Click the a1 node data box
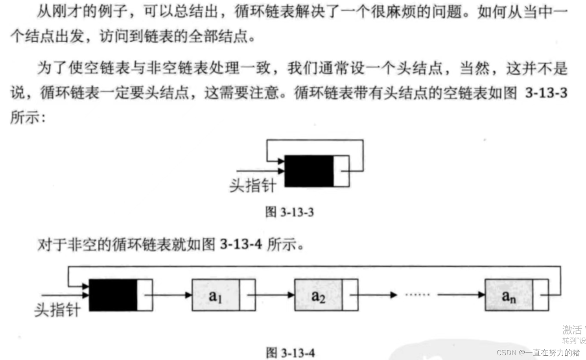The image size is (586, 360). click(x=216, y=295)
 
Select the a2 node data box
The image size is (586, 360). click(x=318, y=295)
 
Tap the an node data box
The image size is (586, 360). click(x=509, y=295)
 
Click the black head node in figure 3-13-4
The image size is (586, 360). click(x=113, y=295)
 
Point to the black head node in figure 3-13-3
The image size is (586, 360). click(x=309, y=171)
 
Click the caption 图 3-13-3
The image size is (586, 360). click(x=289, y=212)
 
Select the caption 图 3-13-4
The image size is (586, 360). click(x=290, y=352)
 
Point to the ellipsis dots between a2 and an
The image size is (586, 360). click(x=417, y=294)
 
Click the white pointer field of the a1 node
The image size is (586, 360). click(x=247, y=295)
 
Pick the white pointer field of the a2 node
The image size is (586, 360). click(x=350, y=295)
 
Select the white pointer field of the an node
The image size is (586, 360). click(x=540, y=295)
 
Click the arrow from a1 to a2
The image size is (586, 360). click(x=271, y=295)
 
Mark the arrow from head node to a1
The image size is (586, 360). click(x=169, y=295)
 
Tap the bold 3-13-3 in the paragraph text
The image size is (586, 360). click(x=546, y=93)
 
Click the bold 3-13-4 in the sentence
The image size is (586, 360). click(x=241, y=244)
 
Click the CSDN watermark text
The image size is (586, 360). click(x=538, y=352)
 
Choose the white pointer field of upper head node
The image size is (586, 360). click(x=341, y=171)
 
